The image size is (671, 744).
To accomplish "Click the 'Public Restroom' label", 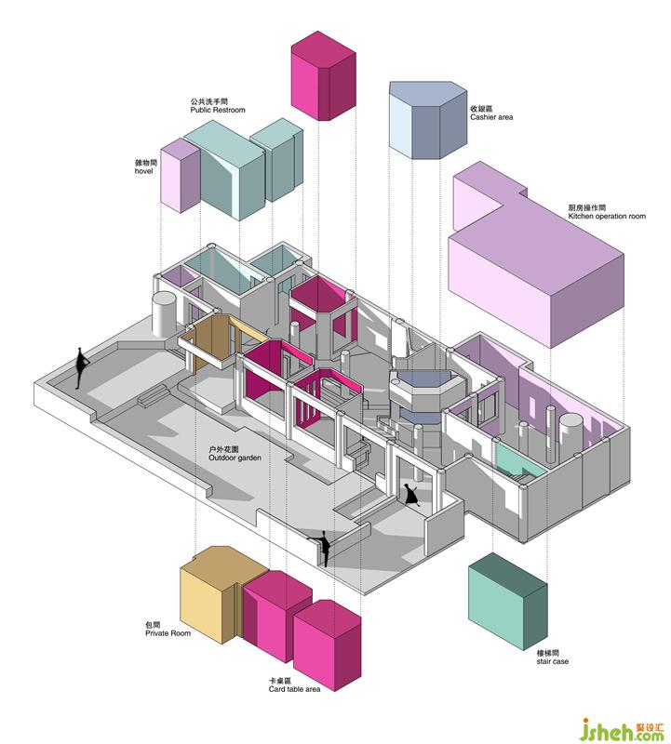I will coord(217,110).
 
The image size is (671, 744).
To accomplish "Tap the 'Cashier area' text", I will coord(491,117).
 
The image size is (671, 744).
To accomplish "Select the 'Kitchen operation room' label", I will coord(606,216).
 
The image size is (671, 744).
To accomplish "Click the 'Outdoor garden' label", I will coord(235,458).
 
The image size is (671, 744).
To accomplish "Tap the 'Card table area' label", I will coord(294,689).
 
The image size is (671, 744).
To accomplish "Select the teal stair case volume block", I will coord(506,600).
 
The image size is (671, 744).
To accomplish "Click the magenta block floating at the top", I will coord(323,74).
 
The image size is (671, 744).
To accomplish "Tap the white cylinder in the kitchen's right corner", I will coord(570,432).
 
